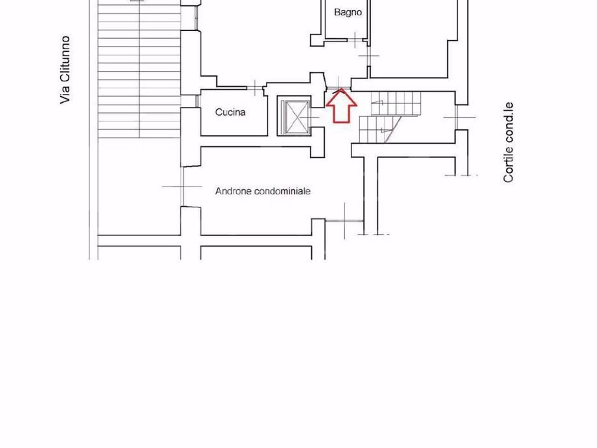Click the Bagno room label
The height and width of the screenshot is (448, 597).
tap(348, 13)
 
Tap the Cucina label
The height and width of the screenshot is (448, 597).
tap(230, 112)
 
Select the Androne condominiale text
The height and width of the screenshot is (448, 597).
tap(263, 191)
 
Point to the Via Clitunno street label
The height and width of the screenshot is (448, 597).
tap(65, 70)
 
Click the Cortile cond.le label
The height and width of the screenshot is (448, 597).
tap(508, 142)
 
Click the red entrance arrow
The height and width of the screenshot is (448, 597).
tap(341, 105)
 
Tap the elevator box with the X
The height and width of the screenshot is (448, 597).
tap(294, 116)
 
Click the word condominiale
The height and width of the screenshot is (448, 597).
tap(283, 191)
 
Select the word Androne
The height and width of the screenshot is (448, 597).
tap(233, 191)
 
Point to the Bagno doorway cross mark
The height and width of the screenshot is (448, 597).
tap(355, 40)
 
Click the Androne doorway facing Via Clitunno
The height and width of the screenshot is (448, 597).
tap(182, 187)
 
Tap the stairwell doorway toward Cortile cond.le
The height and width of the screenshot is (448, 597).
tap(459, 118)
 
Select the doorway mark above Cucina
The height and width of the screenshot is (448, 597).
tap(255, 88)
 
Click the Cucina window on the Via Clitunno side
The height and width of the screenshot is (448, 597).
tap(197, 101)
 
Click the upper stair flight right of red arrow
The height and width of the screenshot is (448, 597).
tap(396, 104)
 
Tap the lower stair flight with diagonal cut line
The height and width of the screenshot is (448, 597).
tap(380, 129)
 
